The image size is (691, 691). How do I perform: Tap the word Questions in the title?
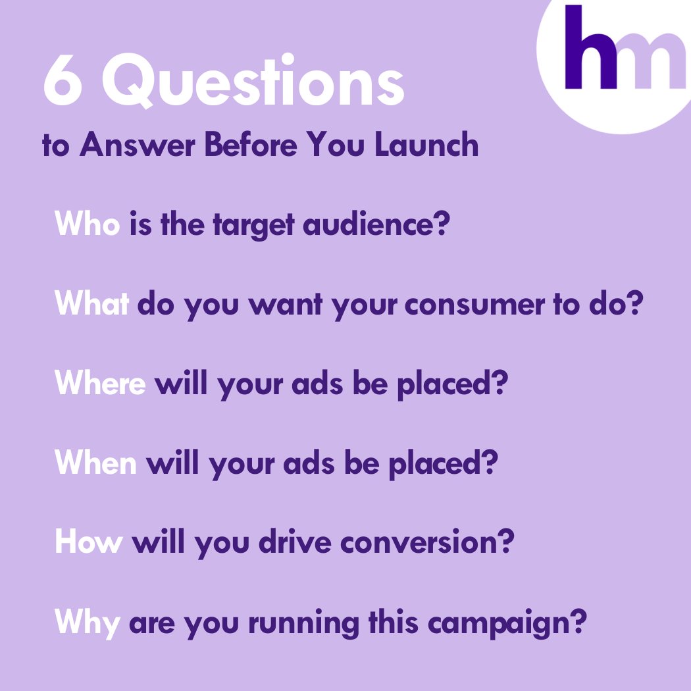click(x=253, y=86)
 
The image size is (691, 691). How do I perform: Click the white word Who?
click(x=88, y=225)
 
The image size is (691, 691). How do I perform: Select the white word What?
click(x=91, y=305)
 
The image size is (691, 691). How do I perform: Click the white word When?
click(x=96, y=464)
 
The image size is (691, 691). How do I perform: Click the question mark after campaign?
click(x=577, y=621)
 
